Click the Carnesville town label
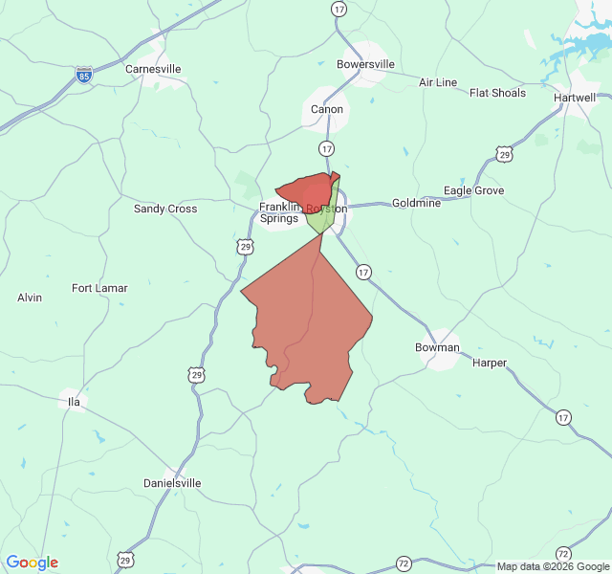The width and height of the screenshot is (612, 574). click(153, 69)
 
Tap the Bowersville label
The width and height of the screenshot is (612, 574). click(365, 65)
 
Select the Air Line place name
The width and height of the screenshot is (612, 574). click(438, 82)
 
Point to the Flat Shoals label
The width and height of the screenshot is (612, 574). click(497, 93)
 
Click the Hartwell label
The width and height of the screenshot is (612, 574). click(575, 98)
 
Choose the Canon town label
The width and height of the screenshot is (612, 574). click(327, 109)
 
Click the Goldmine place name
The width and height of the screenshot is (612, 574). click(416, 203)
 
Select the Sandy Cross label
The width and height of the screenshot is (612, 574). click(165, 209)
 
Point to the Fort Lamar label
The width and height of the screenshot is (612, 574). click(99, 288)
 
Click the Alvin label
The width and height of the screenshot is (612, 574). click(30, 298)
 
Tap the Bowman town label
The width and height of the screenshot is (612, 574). click(437, 347)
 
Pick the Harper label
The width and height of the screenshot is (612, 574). click(490, 363)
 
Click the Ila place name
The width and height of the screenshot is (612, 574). click(74, 402)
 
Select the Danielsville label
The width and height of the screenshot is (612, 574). click(172, 483)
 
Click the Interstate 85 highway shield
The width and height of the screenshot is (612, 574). click(84, 75)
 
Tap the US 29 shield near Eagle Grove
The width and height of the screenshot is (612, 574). click(504, 154)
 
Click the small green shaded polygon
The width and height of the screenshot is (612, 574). click(322, 219)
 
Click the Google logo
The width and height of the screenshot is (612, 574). click(32, 563)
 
